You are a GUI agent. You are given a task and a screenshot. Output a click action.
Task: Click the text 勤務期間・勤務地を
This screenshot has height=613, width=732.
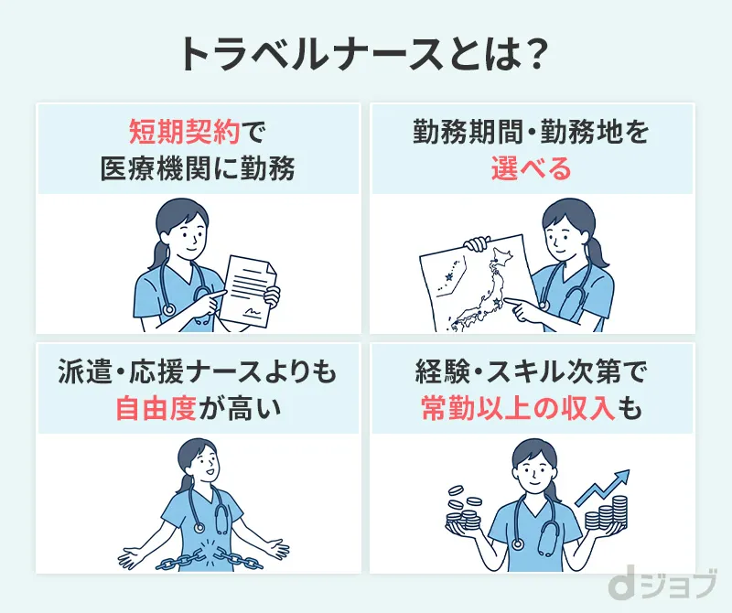(x=531, y=134)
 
